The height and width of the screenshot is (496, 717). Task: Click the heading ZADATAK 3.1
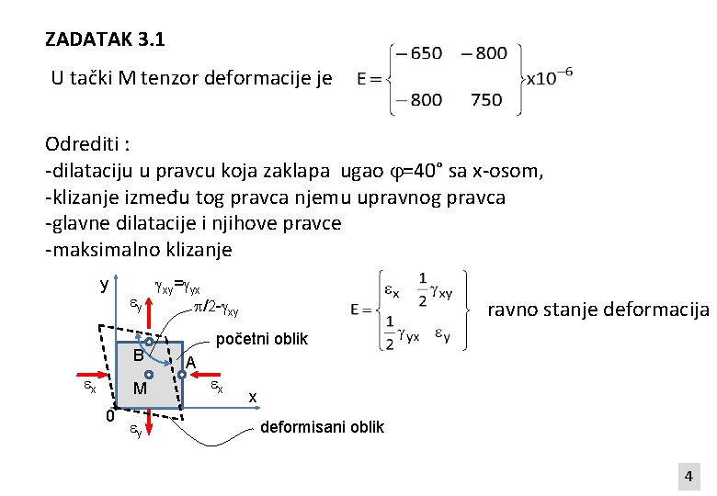click(105, 40)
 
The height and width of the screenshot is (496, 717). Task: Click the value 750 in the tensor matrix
click(486, 100)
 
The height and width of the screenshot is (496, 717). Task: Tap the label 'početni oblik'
click(261, 340)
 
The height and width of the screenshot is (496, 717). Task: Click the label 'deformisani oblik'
click(323, 427)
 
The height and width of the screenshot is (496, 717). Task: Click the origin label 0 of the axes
click(109, 416)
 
